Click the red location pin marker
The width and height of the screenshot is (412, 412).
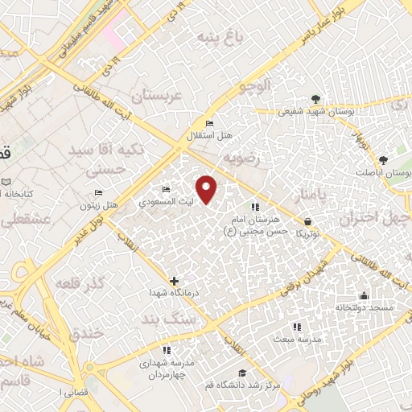[x=208, y=189]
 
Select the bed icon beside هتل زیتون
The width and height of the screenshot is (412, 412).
[x=99, y=193]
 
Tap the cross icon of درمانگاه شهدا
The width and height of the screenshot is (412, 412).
[x=175, y=280]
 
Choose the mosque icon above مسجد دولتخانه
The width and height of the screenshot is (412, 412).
[x=364, y=295]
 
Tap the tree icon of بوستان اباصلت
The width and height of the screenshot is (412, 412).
[x=384, y=160]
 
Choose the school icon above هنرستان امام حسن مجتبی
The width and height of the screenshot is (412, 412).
[x=255, y=208]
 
